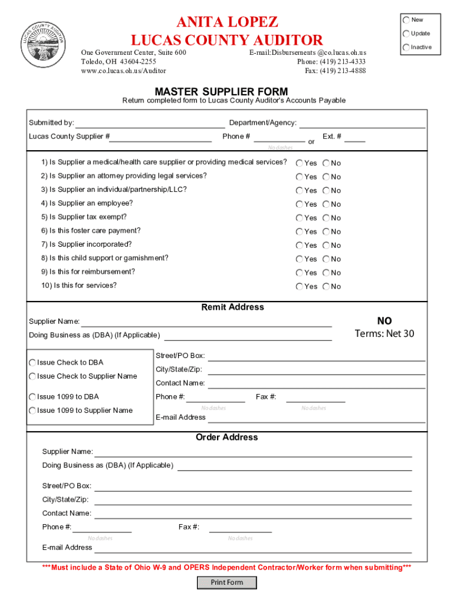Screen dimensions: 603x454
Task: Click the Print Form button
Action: click(x=227, y=582)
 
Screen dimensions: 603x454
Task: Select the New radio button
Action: click(x=406, y=19)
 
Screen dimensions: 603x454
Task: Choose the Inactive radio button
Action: click(x=406, y=47)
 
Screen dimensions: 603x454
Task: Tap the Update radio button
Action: click(x=406, y=34)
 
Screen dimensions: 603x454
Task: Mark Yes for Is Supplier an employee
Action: click(x=300, y=204)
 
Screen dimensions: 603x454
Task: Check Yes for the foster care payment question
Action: click(x=300, y=231)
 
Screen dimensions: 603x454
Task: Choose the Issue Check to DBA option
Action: click(x=32, y=363)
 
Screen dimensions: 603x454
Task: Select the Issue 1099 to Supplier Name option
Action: click(x=32, y=411)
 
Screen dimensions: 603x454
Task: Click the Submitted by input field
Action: click(x=150, y=123)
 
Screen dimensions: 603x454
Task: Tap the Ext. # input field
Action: click(x=354, y=137)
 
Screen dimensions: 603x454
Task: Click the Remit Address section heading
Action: click(x=233, y=307)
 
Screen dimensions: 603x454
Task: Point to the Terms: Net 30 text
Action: click(x=384, y=334)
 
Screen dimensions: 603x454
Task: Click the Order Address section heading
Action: click(x=227, y=438)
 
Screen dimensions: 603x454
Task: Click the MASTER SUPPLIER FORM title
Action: click(x=221, y=91)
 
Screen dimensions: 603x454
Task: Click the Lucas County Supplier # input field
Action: click(x=162, y=137)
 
